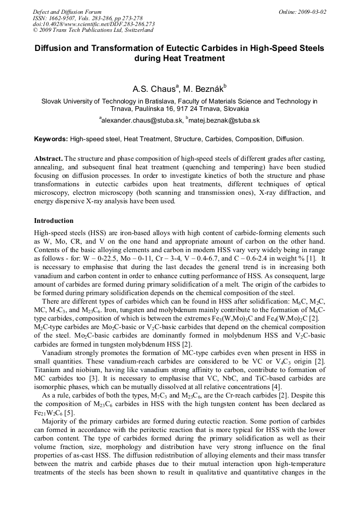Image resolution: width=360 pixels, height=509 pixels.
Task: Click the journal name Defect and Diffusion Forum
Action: pos(66,12)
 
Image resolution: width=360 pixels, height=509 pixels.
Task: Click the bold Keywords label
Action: pos(51,139)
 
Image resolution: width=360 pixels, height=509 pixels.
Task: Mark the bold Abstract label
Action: pos(48,159)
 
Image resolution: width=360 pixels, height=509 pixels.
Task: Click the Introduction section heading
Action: pos(54,220)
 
